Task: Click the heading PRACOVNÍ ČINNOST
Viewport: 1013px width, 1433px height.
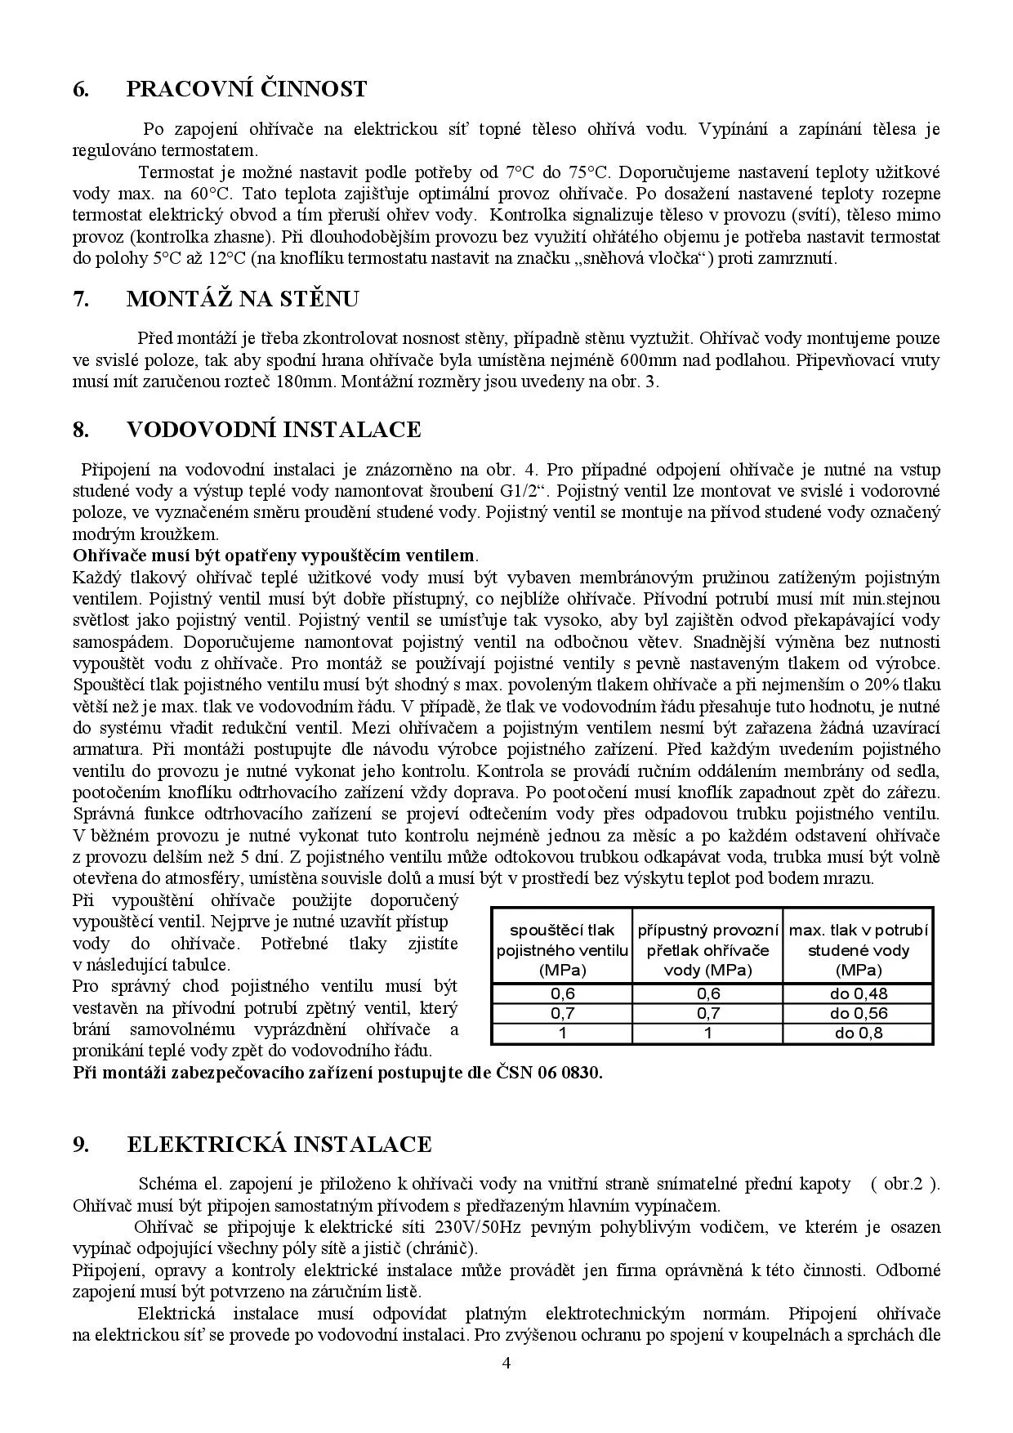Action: coord(246,89)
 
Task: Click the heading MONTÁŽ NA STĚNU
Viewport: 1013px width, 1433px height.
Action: coord(242,299)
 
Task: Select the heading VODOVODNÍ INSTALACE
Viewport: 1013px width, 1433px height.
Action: coord(274,430)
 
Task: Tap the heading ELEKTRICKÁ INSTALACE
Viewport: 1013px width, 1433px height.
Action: coord(279,1144)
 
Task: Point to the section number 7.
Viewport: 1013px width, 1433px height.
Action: coord(81,299)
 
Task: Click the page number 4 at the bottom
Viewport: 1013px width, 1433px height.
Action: coord(506,1384)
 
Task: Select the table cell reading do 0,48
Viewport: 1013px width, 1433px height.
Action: coord(859,993)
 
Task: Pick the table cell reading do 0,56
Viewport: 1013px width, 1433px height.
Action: coord(859,1013)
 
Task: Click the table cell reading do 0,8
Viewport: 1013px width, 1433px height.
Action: coord(859,1033)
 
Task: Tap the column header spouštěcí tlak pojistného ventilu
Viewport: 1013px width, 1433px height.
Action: coord(562,950)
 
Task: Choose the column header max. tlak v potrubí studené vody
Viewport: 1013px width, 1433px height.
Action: coord(859,950)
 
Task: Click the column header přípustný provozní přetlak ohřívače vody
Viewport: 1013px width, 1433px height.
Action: coord(707,950)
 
